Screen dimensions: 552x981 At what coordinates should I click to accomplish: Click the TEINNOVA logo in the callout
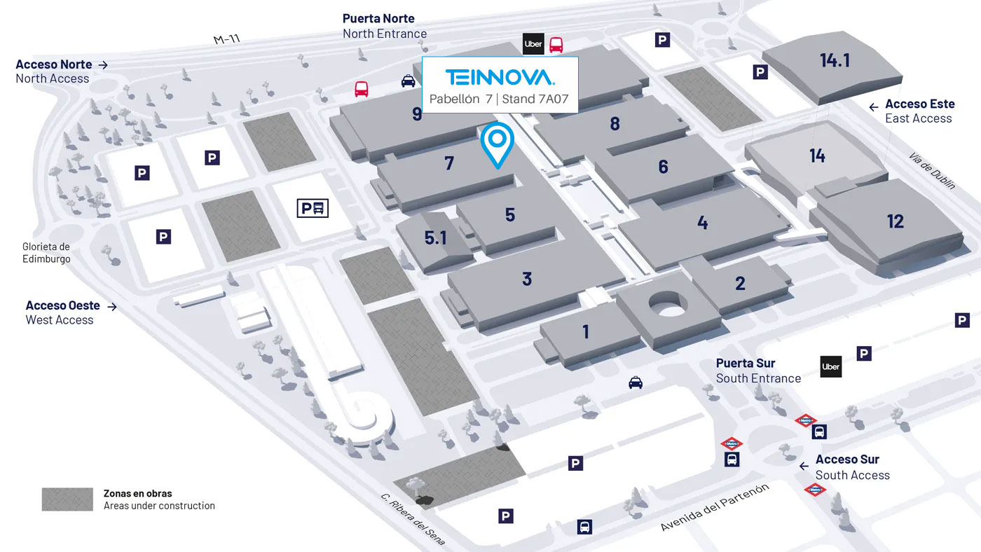click(500, 76)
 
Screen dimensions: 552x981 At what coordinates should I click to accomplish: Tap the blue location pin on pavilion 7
click(498, 143)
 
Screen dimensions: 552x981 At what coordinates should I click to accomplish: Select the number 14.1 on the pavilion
click(835, 61)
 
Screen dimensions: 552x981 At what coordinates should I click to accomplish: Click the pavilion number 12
click(896, 221)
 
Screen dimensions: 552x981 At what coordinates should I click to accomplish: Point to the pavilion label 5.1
click(435, 238)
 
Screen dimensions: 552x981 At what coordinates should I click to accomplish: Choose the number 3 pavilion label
click(527, 279)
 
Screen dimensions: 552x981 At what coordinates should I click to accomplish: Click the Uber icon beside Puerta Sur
click(831, 366)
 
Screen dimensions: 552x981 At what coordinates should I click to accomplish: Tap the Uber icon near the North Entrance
click(533, 44)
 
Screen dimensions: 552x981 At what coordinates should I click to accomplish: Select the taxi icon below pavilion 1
click(636, 382)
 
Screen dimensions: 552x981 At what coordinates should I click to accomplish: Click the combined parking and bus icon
click(313, 208)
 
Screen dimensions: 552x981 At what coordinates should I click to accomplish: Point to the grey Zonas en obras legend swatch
click(67, 499)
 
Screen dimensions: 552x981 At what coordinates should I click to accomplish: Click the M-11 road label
click(227, 39)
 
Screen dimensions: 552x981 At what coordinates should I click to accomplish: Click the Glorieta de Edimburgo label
click(46, 253)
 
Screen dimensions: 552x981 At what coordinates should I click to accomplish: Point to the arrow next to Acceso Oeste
click(111, 306)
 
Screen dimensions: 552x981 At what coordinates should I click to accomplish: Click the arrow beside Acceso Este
click(874, 107)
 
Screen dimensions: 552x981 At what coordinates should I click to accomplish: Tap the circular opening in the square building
click(667, 305)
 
